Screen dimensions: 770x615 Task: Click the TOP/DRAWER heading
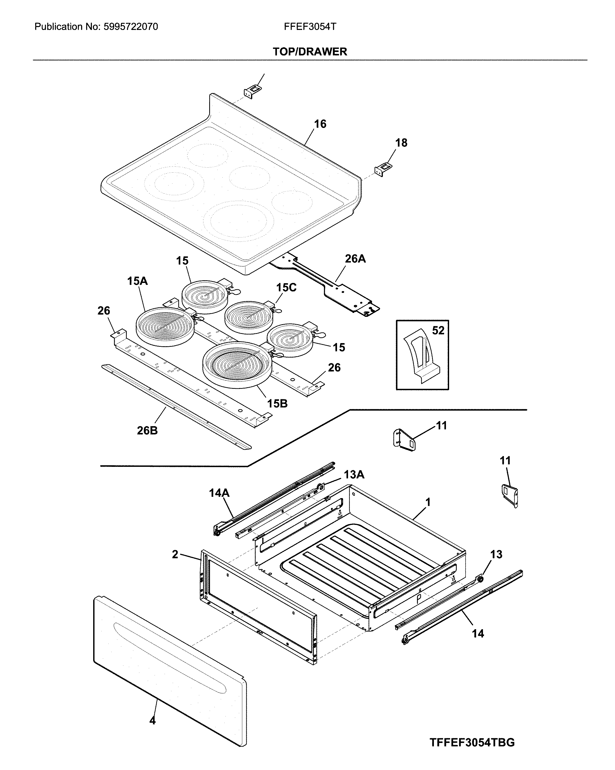(x=309, y=52)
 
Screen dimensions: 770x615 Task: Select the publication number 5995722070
(x=131, y=27)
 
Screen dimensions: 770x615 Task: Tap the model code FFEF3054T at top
(x=310, y=27)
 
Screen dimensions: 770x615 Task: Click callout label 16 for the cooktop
(x=320, y=124)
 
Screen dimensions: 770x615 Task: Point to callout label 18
(x=401, y=143)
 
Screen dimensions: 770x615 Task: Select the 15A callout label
(x=138, y=281)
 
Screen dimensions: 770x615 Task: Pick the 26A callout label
(x=355, y=259)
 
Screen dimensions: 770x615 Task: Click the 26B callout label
(x=147, y=431)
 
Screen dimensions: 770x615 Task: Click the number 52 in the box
(x=438, y=331)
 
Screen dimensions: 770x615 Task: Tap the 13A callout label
(x=354, y=475)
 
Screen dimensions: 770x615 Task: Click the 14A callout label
(x=219, y=493)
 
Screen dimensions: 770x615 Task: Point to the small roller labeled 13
(x=480, y=578)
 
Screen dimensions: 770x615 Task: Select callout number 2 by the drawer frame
(x=175, y=554)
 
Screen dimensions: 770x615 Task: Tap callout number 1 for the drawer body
(x=428, y=502)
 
